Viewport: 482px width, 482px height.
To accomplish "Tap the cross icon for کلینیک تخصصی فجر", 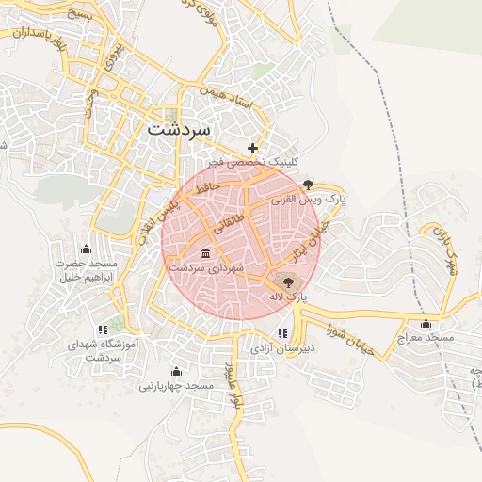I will pyautogui.click(x=252, y=148).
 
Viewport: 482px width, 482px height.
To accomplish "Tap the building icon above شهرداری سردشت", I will pyautogui.click(x=205, y=253).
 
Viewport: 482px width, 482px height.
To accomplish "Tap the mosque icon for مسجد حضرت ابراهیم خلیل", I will pyautogui.click(x=87, y=249).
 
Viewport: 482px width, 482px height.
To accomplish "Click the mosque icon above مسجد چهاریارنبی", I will pyautogui.click(x=176, y=371).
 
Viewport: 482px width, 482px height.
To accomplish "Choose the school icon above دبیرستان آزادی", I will pyautogui.click(x=282, y=333).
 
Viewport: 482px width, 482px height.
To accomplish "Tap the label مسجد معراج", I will pyautogui.click(x=426, y=336).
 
